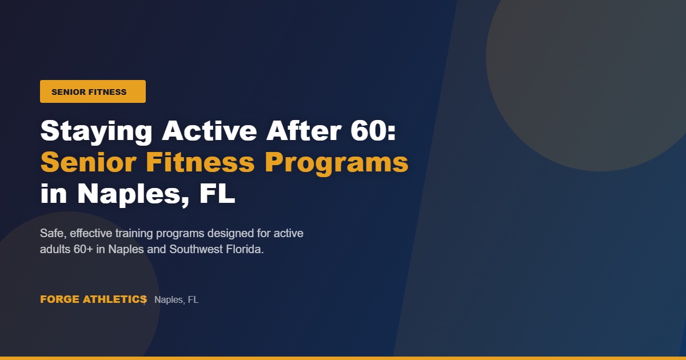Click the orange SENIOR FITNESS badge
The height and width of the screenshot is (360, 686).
(93, 91)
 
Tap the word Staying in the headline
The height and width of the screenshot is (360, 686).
(96, 131)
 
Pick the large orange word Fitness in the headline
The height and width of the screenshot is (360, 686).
(200, 163)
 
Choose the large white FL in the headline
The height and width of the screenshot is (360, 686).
(218, 194)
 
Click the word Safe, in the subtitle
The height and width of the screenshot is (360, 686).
(53, 234)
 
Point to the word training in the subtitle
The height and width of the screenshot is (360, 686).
(131, 234)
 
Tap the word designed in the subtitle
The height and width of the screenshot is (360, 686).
(216, 234)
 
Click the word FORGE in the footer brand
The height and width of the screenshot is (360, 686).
(60, 299)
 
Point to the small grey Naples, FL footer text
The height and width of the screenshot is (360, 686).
(176, 300)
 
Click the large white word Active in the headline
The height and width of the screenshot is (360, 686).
(209, 131)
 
